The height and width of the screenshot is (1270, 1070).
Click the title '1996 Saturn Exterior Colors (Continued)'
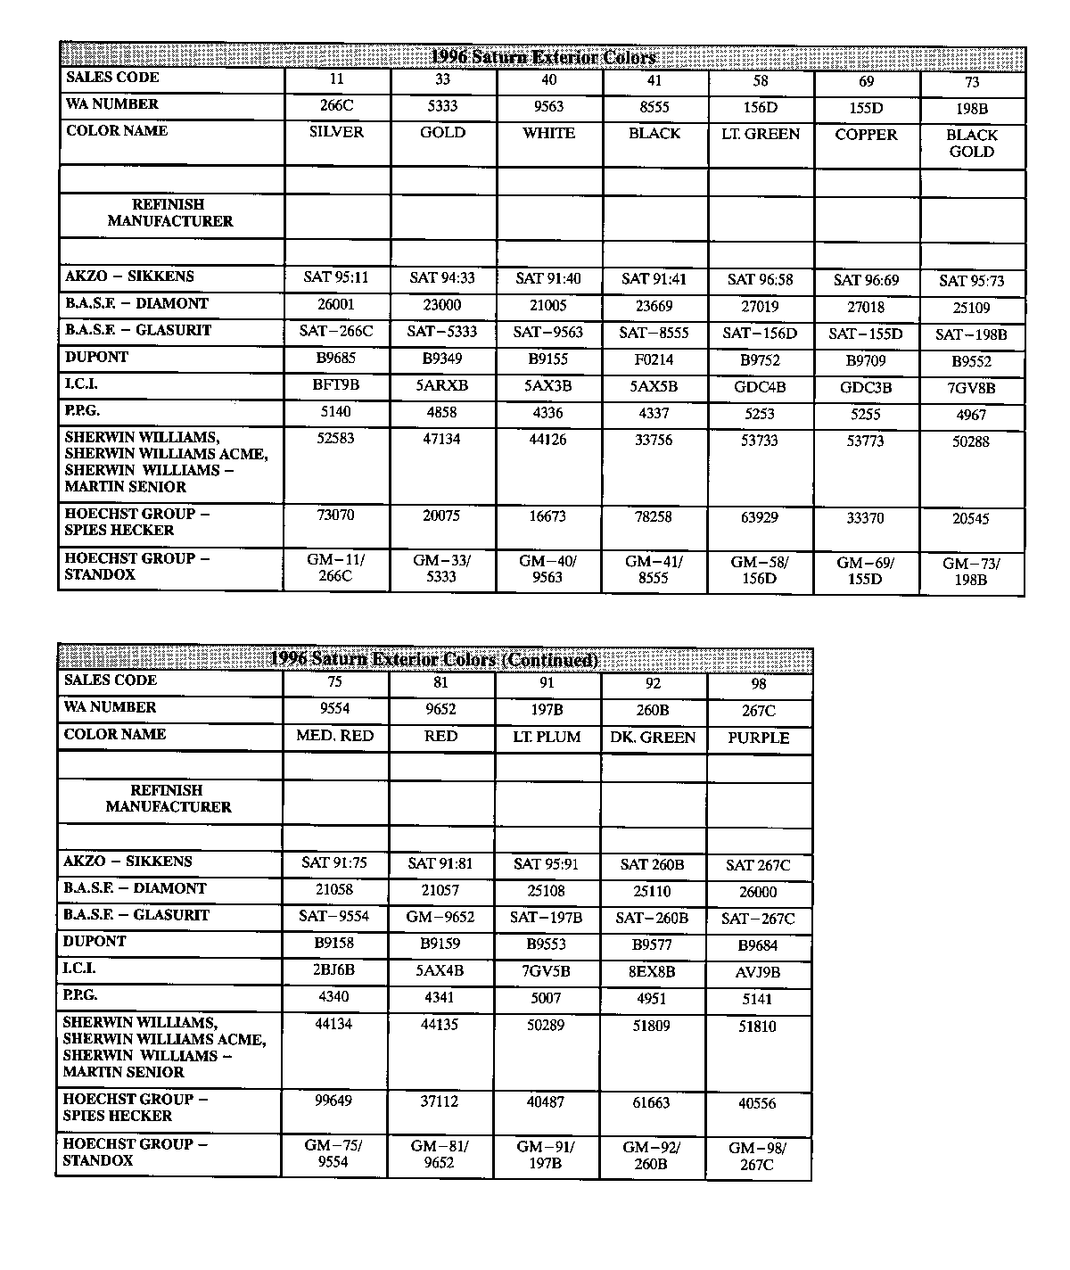434,660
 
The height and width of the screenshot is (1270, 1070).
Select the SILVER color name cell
336,132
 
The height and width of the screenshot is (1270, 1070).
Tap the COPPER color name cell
866,135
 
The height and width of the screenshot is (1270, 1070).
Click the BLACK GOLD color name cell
971,144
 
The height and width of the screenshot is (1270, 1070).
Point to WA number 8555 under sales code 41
654,107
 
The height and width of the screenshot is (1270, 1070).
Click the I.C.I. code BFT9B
336,385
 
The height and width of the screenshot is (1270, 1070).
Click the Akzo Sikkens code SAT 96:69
866,280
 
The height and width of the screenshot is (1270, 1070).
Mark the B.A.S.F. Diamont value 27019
760,307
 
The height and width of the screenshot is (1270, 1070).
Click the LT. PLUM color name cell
547,737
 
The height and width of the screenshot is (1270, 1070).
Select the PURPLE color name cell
758,738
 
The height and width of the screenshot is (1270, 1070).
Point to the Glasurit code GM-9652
440,917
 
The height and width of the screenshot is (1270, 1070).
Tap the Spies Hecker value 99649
333,1101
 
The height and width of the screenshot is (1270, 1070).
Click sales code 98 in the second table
759,684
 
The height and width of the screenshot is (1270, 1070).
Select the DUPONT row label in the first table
96,357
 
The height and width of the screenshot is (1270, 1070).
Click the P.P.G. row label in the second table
80,995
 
